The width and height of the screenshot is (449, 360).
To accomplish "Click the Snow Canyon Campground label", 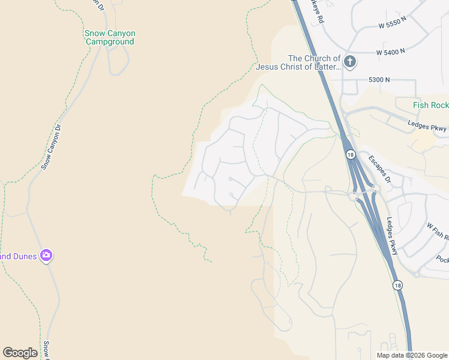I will point(110,37).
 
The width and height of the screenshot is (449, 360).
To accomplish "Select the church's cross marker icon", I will point(350,61).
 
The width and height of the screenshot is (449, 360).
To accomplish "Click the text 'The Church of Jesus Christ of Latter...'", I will point(298,62).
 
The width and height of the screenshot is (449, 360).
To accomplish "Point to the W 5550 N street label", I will point(393,26).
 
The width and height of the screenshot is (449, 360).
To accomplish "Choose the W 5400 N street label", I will point(391,53).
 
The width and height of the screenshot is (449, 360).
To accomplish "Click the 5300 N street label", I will point(379,79).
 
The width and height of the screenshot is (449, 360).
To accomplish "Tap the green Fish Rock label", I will point(430,106).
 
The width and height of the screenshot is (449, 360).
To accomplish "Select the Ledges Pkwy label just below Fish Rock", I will point(427,127).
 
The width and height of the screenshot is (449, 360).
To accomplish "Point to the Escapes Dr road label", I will point(379,170).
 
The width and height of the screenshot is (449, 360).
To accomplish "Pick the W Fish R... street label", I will point(437,230).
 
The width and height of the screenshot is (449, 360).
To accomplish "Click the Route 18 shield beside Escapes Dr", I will point(349,155).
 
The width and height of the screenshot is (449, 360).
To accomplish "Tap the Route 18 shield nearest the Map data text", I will point(398,286).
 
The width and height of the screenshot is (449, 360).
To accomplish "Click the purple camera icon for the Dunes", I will point(46,256).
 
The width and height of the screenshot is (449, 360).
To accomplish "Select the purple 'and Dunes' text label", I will point(19,256).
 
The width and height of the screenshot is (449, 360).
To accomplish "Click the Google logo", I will point(20,353).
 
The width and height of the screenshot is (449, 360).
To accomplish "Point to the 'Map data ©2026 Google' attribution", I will point(412,355).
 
